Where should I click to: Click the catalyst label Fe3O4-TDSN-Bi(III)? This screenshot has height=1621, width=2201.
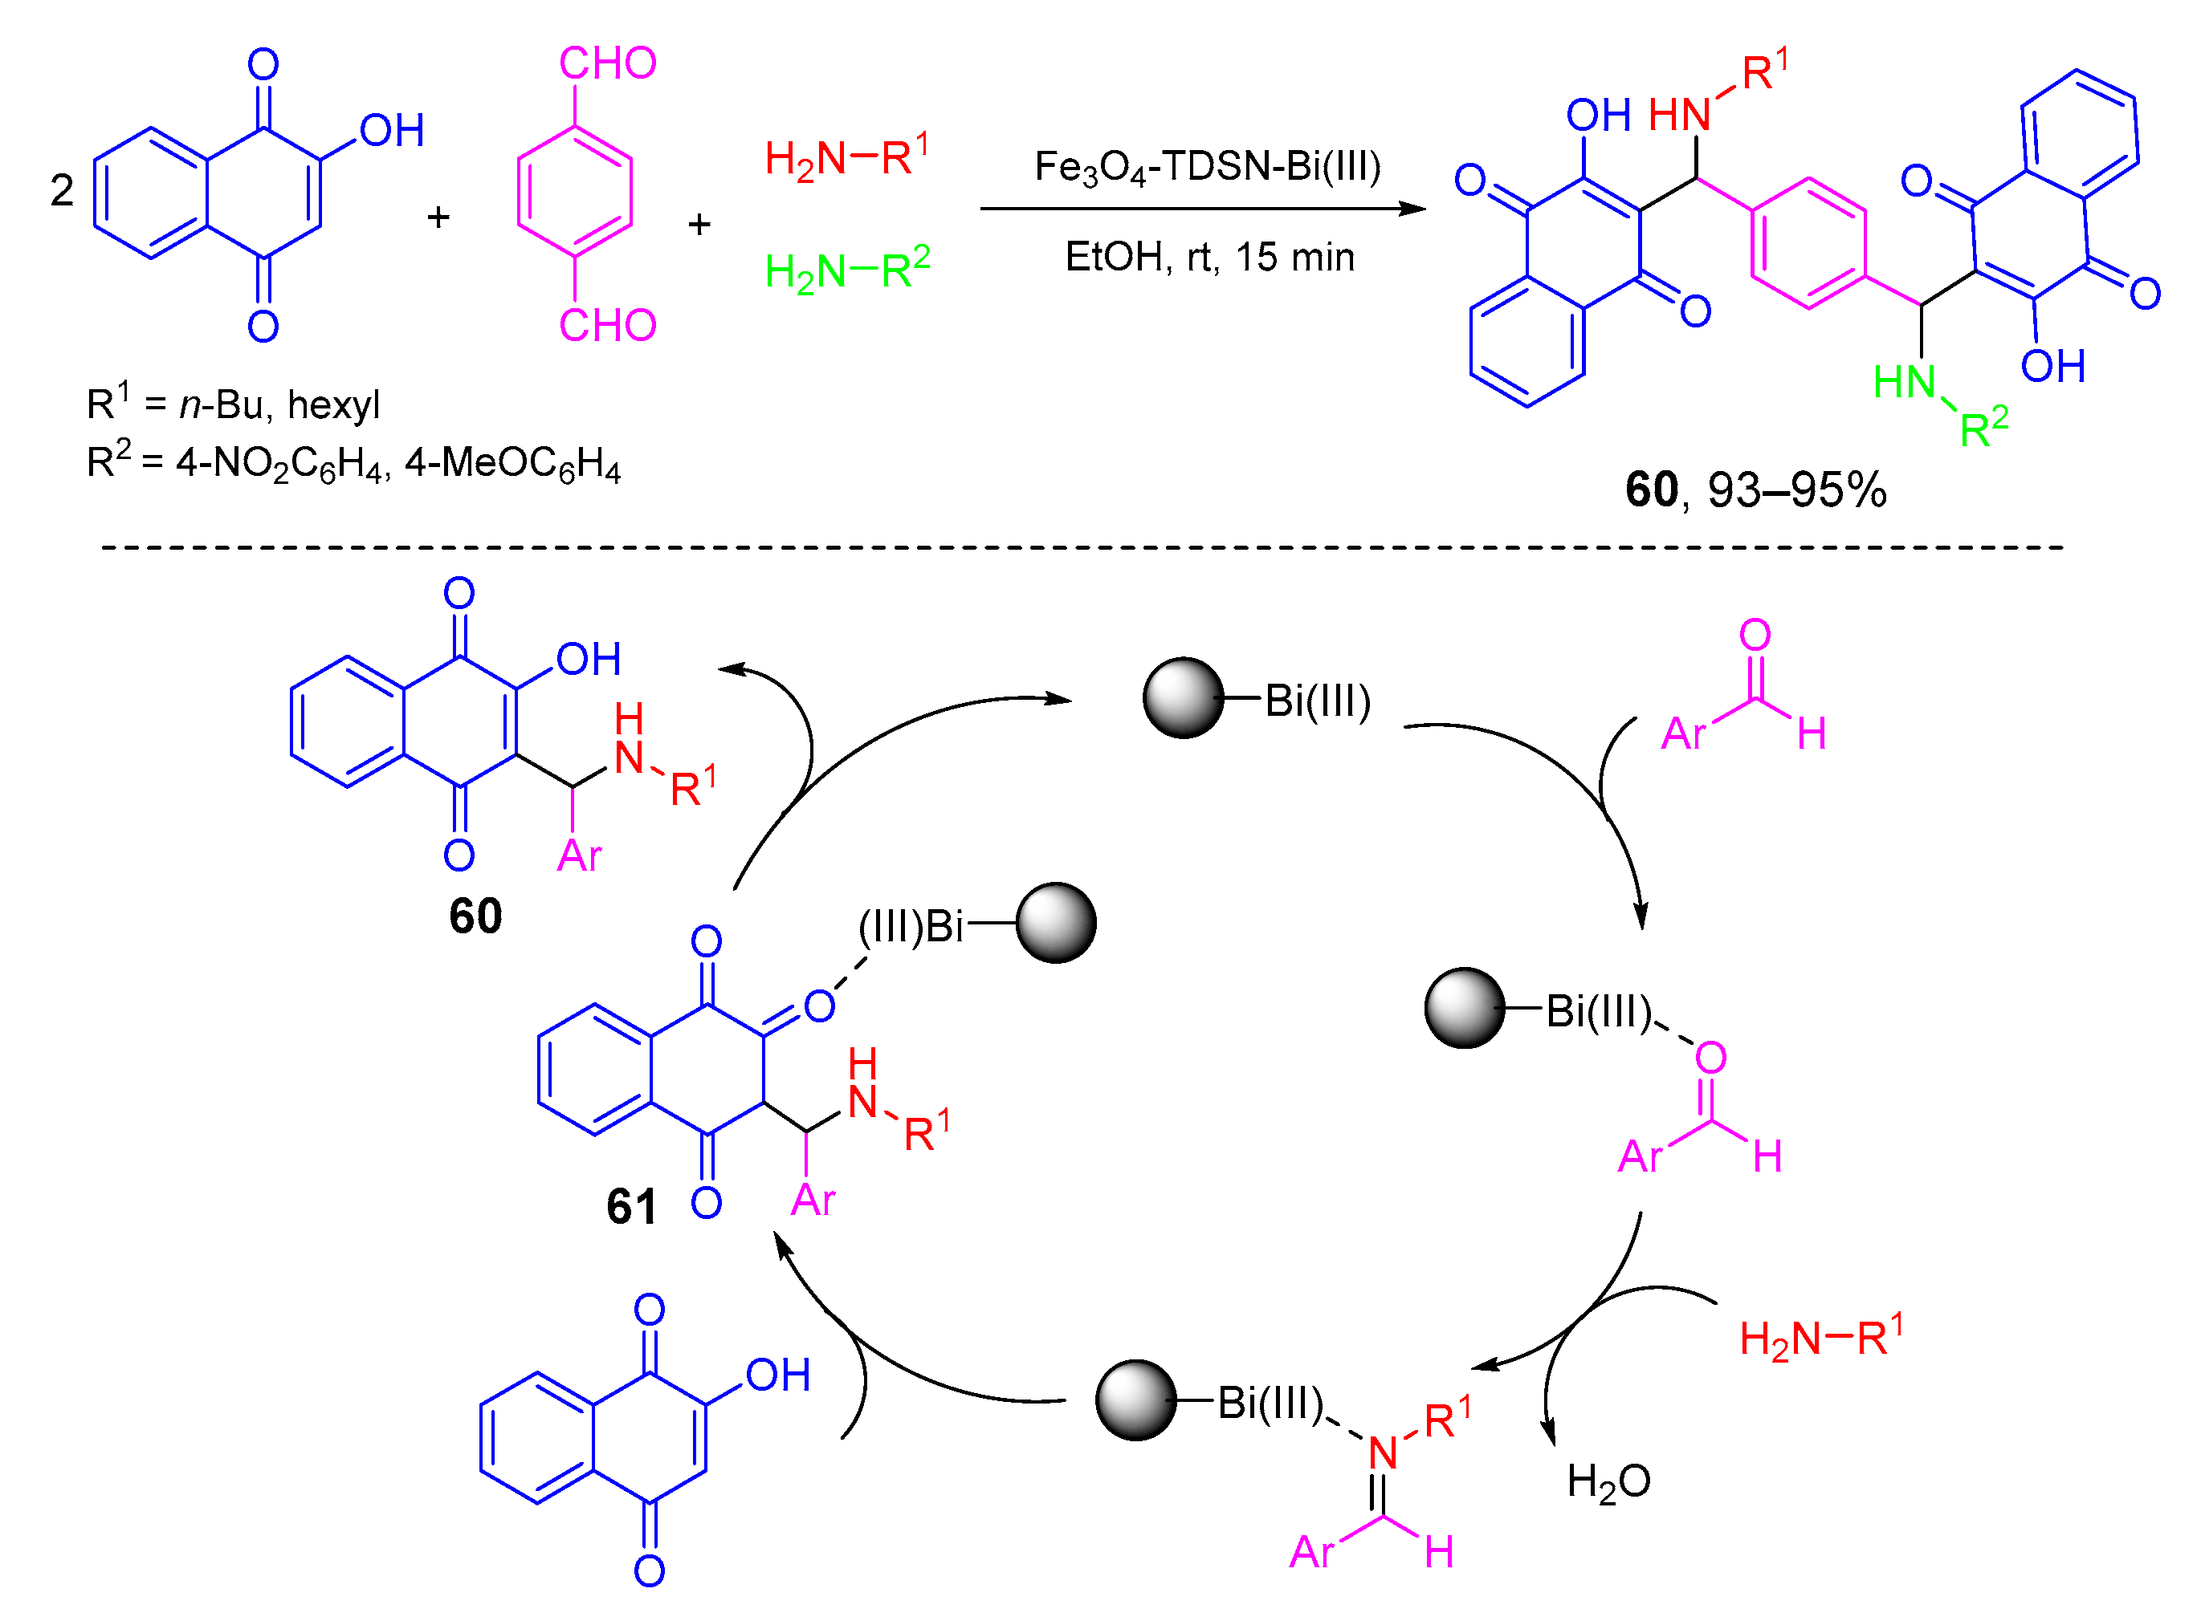(x=1207, y=168)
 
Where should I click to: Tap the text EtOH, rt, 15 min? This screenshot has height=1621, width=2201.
(x=1209, y=257)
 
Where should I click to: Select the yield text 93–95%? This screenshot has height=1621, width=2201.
(x=1795, y=490)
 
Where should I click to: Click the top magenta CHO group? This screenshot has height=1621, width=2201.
(x=607, y=63)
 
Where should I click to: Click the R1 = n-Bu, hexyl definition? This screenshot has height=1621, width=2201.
(x=233, y=404)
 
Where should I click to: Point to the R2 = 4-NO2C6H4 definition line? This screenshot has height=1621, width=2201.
(x=353, y=462)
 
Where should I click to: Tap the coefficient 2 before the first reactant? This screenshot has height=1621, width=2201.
(x=62, y=190)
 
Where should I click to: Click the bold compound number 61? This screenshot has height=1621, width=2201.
(x=630, y=1206)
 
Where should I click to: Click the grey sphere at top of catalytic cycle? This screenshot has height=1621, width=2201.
(x=1183, y=697)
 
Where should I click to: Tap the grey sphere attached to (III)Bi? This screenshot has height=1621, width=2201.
(x=1055, y=922)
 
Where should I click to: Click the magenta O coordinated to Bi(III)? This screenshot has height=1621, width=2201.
(x=1710, y=1058)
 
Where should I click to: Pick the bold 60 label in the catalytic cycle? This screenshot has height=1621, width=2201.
(x=475, y=916)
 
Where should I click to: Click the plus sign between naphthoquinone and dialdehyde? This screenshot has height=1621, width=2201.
(x=438, y=217)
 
